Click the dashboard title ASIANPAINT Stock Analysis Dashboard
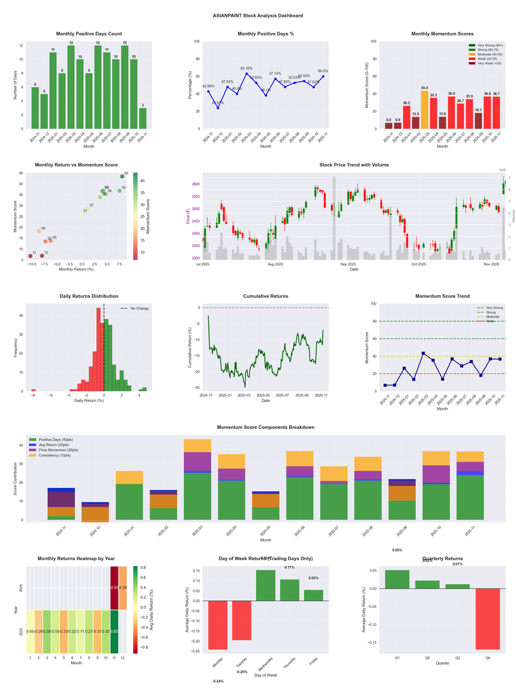coord(257,15)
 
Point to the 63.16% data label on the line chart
coord(246,68)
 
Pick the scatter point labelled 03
coord(122,176)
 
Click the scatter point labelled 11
coord(30,256)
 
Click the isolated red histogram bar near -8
coord(33,390)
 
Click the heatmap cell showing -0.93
coord(115,587)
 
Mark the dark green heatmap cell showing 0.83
coord(115,631)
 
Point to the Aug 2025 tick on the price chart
coord(275,264)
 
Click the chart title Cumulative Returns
coord(265,296)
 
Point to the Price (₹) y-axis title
coord(188,217)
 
